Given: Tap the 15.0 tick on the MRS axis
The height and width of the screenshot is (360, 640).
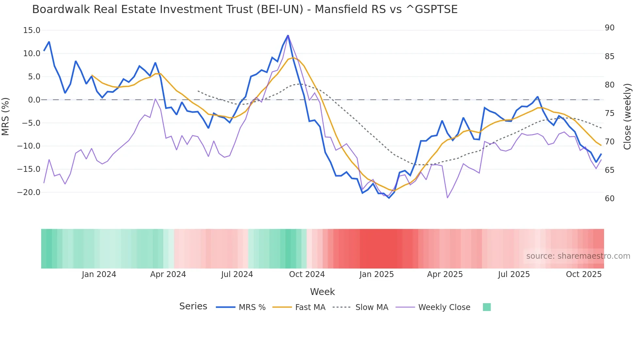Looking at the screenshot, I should pyautogui.click(x=32, y=30).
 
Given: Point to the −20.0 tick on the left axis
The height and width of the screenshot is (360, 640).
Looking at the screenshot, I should pyautogui.click(x=29, y=192).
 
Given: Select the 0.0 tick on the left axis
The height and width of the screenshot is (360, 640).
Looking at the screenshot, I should pyautogui.click(x=34, y=100).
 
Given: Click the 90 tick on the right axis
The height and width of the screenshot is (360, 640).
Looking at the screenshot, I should pyautogui.click(x=609, y=28).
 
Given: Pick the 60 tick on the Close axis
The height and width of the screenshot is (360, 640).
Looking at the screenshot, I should pyautogui.click(x=609, y=199).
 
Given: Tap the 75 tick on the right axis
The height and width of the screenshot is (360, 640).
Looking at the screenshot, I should pyautogui.click(x=609, y=113).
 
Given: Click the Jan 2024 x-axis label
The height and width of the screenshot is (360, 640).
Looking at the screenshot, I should pyautogui.click(x=99, y=274).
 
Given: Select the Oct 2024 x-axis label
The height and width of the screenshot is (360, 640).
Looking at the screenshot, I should pyautogui.click(x=307, y=274).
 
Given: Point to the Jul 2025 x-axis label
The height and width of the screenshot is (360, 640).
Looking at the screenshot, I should pyautogui.click(x=514, y=274).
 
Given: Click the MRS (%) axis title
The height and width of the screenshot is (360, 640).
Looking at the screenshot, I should pyautogui.click(x=6, y=116).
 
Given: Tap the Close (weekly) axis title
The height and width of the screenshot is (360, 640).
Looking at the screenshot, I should pyautogui.click(x=627, y=117).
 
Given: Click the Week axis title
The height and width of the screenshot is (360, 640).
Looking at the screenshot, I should pyautogui.click(x=322, y=292).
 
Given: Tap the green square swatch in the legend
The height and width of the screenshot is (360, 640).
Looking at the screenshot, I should pyautogui.click(x=487, y=307).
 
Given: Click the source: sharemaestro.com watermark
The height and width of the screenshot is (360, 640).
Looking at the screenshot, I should pyautogui.click(x=578, y=256).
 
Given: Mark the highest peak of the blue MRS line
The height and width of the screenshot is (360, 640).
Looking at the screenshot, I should pyautogui.click(x=288, y=35).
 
